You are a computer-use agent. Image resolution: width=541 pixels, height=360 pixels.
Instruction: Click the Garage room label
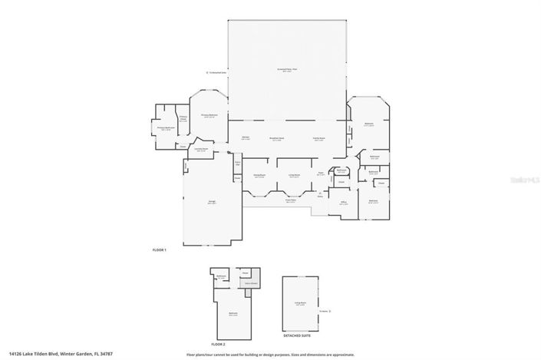211,202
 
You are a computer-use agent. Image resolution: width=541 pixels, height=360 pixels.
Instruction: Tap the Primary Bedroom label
210,115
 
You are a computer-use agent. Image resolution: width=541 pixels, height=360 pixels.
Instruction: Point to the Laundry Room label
200,150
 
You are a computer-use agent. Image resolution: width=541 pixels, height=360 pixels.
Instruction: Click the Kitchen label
246,138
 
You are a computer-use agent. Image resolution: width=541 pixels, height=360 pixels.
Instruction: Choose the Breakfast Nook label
277,138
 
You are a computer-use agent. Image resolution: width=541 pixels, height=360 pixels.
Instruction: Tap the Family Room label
318,138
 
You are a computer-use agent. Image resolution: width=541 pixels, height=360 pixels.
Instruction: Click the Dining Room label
259,176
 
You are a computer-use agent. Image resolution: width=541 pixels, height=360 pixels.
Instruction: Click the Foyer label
322,173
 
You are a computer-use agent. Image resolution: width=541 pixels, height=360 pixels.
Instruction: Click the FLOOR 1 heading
160,250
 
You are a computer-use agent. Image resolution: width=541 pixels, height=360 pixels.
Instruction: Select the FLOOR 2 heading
219,345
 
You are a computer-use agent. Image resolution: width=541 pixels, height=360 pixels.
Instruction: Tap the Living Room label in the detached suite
302,305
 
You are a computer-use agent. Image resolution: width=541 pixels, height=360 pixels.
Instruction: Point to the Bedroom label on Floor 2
233,313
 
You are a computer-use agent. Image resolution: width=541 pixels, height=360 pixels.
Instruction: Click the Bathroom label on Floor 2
220,275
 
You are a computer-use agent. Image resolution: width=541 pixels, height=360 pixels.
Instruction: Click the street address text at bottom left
51,354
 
